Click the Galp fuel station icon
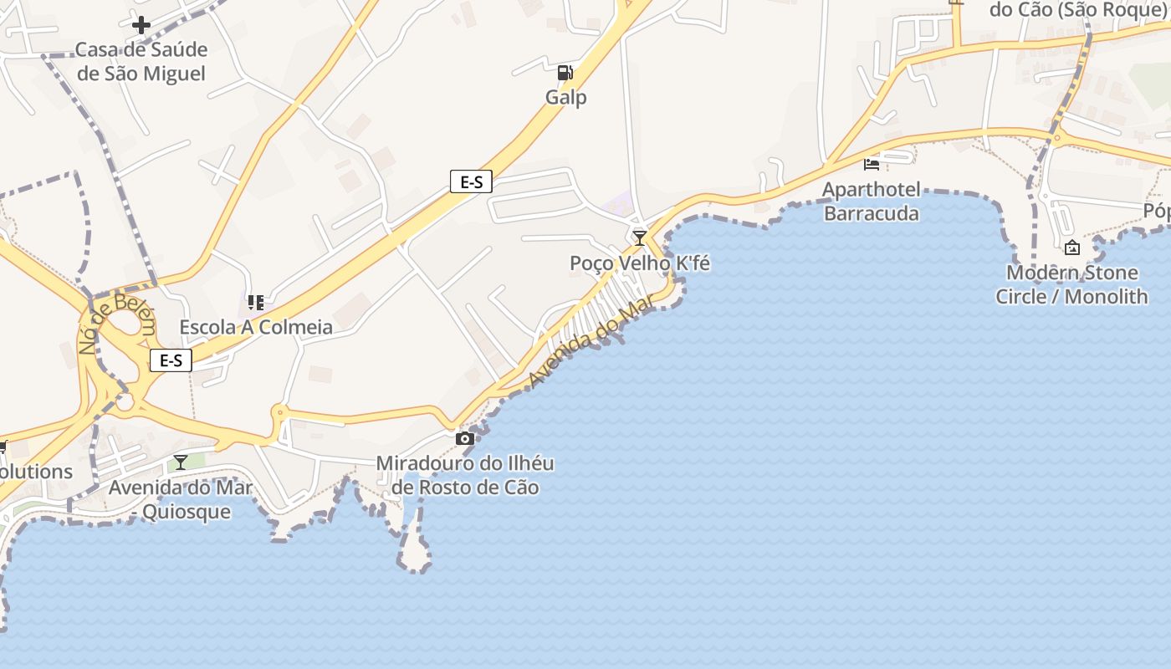[x=565, y=73]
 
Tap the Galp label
[x=566, y=97]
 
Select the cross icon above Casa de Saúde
[x=141, y=25]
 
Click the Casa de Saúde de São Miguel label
[x=141, y=62]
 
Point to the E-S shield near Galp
[x=471, y=181]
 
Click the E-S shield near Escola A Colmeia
[x=171, y=360]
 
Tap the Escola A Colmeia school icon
[x=256, y=302]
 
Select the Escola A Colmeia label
[x=256, y=327]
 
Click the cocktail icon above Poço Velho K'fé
[x=640, y=238]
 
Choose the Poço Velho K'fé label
[x=640, y=263]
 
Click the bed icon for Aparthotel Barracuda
[x=872, y=164]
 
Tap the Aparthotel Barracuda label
[x=872, y=202]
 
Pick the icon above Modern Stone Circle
[x=1071, y=248]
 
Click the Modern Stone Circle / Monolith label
[x=1071, y=284]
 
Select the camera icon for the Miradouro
[x=465, y=438]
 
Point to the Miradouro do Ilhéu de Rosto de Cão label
[x=465, y=475]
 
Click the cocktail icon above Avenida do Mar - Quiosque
[x=181, y=462]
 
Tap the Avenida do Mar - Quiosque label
[x=181, y=499]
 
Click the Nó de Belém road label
[x=116, y=324]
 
